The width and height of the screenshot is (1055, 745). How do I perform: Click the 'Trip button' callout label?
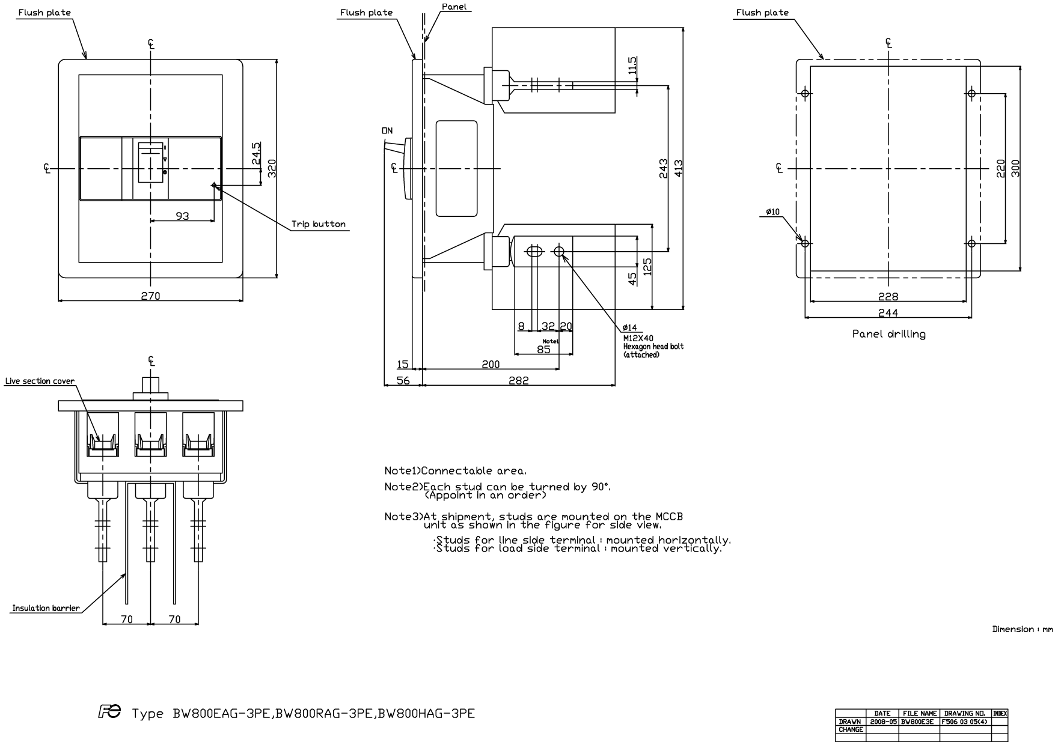319,224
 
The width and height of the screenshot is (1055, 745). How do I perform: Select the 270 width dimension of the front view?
150,296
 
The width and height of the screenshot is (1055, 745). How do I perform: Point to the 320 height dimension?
271,168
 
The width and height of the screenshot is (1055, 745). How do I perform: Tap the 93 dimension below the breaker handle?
182,216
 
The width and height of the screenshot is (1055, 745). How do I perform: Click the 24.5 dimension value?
256,153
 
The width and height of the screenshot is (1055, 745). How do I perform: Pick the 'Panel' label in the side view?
454,7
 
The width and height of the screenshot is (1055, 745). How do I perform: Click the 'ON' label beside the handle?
387,130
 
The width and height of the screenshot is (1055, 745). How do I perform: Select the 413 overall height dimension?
679,168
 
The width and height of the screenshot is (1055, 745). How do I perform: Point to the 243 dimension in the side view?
663,168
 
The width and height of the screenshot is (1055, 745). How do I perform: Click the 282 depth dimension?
519,380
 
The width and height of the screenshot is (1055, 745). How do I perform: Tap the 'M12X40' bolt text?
638,338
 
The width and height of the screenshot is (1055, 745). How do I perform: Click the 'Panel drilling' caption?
888,334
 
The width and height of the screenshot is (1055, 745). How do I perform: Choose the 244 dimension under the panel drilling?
888,312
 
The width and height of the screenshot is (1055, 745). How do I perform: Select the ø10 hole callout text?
773,211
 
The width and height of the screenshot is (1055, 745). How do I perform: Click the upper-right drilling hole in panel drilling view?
971,93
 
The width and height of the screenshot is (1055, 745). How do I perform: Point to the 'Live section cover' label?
40,381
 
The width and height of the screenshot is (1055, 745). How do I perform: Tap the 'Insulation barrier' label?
46,608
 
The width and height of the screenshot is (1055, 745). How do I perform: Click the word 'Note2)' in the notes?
403,487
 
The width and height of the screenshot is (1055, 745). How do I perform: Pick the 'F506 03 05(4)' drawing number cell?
965,722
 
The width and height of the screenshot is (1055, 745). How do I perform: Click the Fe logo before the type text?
109,712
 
